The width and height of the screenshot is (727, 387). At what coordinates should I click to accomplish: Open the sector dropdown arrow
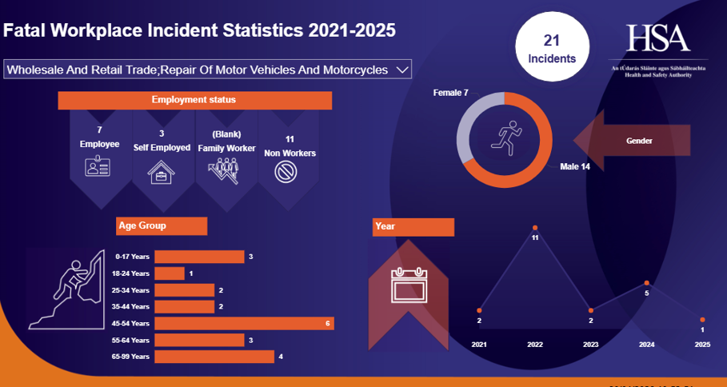[x=402, y=70]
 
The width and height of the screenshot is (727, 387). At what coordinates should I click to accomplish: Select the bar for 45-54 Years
[x=244, y=323]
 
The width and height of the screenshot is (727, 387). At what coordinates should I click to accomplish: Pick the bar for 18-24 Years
[x=170, y=273]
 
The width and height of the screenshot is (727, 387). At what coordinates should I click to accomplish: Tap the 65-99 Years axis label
[x=132, y=356]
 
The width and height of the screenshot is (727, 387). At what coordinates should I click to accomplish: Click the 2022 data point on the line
[x=535, y=228]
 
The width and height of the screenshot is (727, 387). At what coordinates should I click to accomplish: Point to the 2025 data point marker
[x=703, y=319]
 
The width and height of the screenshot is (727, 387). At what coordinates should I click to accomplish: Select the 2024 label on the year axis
[x=646, y=345]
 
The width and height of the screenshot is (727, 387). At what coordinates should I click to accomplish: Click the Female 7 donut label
[x=451, y=94]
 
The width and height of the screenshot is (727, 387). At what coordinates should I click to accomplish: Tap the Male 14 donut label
[x=574, y=166]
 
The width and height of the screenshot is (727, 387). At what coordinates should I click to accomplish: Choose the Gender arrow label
[x=639, y=141]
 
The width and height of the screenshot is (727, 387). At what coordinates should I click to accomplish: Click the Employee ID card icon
[x=98, y=167]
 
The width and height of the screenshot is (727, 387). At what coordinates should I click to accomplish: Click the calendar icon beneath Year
[x=409, y=285]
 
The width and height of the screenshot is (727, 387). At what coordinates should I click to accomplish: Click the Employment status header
[x=194, y=100]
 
